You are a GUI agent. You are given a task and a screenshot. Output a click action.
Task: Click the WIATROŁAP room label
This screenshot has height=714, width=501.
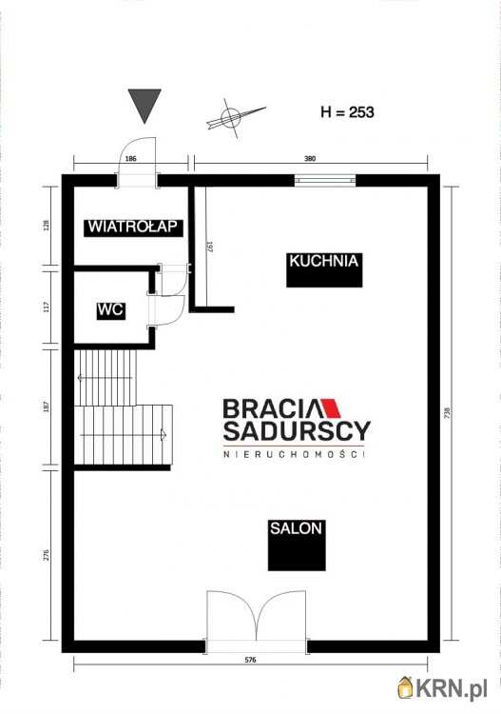click(134, 228)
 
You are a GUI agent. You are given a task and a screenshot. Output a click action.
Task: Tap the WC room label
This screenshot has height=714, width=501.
click(110, 310)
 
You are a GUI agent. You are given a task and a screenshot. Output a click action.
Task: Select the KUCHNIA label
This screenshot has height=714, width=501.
click(324, 262)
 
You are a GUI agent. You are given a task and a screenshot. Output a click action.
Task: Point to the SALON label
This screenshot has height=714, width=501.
click(296, 528)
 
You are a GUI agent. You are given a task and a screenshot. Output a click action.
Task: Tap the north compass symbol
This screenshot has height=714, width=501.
click(233, 117)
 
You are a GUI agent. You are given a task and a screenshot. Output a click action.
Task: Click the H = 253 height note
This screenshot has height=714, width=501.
click(347, 111)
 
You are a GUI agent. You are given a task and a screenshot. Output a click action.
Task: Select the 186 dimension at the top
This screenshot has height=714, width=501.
click(130, 159)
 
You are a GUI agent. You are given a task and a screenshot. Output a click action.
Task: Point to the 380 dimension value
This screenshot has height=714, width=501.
click(309, 159)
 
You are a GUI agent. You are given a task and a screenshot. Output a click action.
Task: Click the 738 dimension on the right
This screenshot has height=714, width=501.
click(448, 412)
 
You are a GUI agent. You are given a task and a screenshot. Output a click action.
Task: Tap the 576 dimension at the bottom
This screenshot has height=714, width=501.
click(251, 660)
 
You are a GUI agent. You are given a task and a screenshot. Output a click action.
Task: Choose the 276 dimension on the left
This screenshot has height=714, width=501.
click(47, 555)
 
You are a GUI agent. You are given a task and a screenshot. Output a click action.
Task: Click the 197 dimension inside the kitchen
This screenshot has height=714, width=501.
click(210, 247)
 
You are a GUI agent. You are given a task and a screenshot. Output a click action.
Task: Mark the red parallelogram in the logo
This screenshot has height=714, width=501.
click(331, 408)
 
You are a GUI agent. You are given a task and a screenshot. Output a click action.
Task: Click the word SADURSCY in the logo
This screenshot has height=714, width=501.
click(297, 430)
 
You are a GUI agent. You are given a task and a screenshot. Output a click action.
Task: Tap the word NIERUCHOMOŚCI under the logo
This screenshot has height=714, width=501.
click(294, 454)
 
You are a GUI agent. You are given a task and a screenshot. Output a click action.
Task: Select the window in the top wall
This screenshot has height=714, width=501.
click(325, 180)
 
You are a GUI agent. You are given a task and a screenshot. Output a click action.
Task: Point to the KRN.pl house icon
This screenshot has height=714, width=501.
click(406, 686)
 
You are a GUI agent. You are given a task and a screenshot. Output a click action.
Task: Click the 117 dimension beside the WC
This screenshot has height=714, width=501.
click(47, 307)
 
